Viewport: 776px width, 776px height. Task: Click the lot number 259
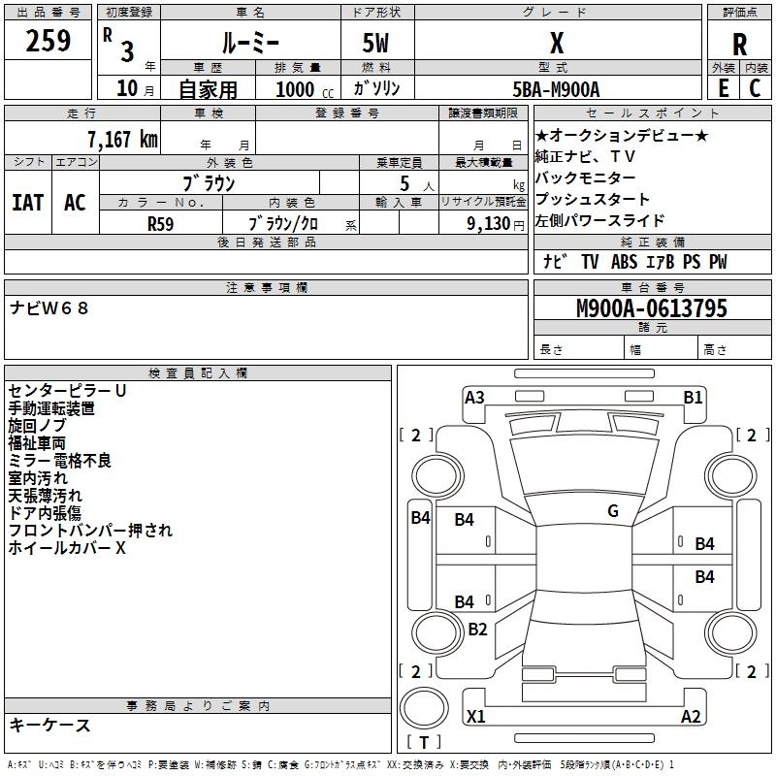coord(48,41)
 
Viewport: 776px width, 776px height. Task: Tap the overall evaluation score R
coord(740,45)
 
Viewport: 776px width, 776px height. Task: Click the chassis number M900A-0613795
coord(651,309)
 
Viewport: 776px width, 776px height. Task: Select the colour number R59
coord(160,222)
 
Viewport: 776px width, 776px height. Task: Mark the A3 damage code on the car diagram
coord(474,397)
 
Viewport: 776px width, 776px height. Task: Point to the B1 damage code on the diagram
coord(693,397)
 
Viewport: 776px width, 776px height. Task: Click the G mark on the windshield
coord(613,510)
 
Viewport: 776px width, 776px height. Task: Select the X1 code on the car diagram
coord(475,717)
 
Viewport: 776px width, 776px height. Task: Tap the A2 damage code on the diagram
coord(691,717)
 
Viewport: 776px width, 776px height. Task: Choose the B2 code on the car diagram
coord(477,629)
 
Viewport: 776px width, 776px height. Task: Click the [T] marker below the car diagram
coord(424,743)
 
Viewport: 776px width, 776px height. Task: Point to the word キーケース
coord(50,725)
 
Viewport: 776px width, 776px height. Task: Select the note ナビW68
coord(49,308)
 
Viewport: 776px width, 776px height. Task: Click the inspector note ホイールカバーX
coord(68,548)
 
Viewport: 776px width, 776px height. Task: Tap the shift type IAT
coord(28,202)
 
